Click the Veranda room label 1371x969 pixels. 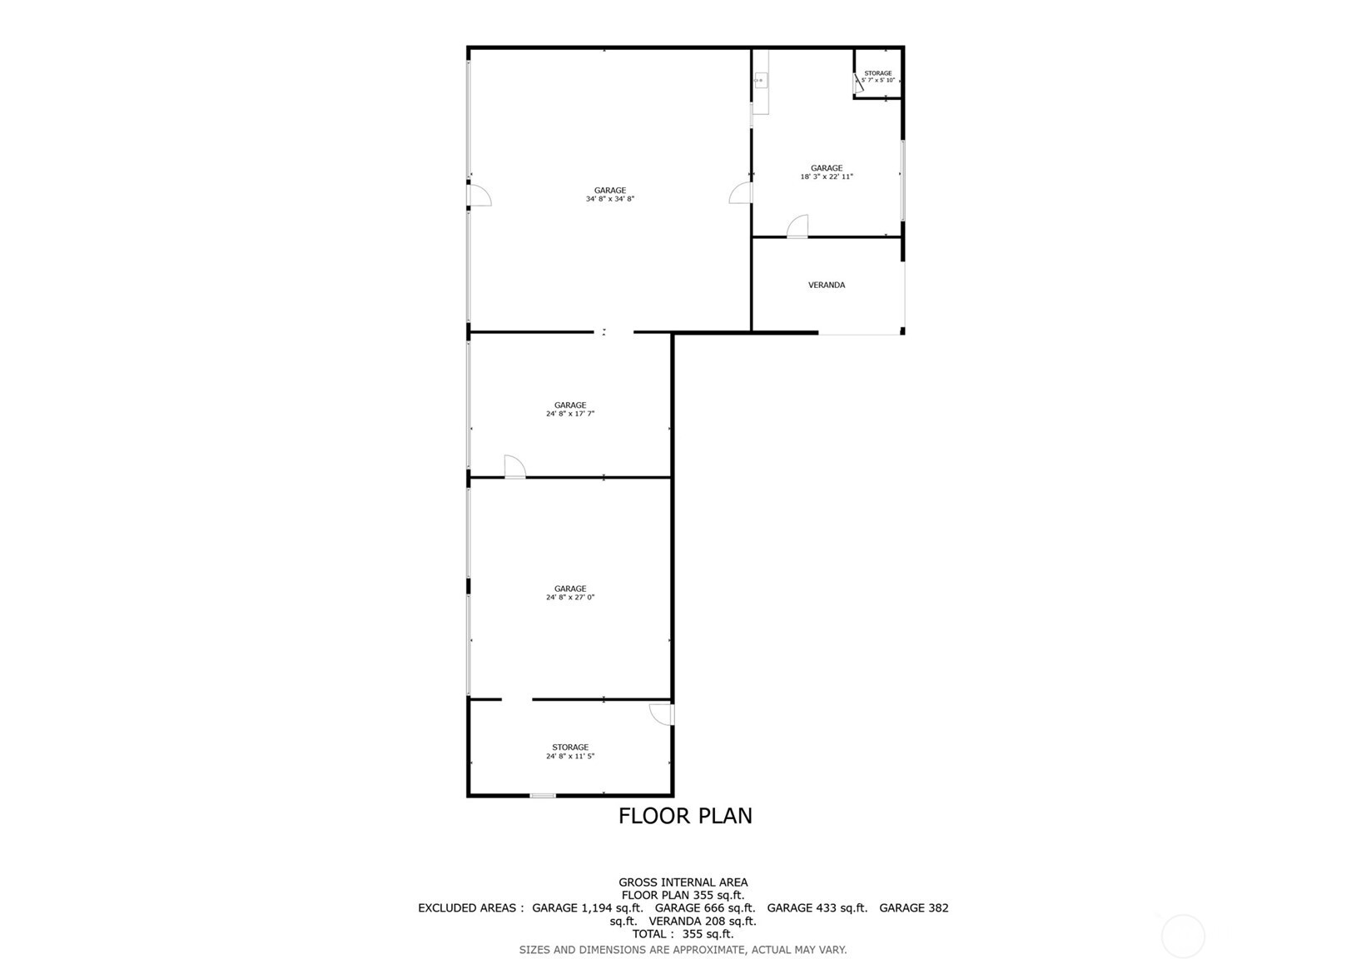[826, 285]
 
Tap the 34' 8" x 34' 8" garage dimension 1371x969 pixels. [609, 199]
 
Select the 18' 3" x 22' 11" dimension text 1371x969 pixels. [826, 176]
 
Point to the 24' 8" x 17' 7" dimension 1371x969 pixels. [569, 414]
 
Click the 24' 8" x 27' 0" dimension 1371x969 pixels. [569, 597]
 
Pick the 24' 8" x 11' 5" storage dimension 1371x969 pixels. [569, 756]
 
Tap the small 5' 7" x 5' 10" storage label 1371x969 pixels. [877, 80]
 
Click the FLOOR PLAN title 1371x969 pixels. [685, 816]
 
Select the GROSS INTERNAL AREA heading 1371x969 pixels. [683, 882]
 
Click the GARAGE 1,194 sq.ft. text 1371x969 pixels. [587, 907]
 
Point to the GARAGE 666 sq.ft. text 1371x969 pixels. [704, 907]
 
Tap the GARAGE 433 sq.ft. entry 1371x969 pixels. [817, 907]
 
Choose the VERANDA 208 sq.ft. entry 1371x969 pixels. [702, 921]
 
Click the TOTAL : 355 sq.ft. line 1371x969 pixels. [683, 934]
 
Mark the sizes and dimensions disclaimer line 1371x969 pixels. [683, 949]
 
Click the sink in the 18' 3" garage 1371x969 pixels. [760, 81]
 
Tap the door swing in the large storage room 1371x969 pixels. [662, 714]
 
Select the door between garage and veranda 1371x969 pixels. [798, 226]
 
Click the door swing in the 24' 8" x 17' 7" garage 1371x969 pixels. [514, 467]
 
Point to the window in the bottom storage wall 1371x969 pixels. [542, 796]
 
